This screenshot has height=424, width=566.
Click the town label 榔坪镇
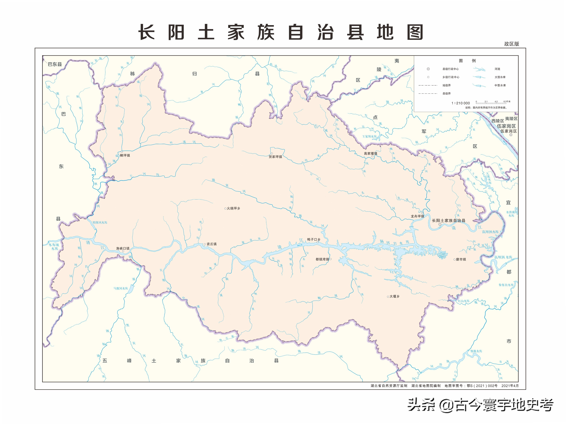[x=125, y=155]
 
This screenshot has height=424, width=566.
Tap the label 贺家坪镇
[x=275, y=157]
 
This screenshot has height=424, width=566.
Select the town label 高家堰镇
[x=370, y=153]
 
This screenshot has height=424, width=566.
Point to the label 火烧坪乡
[x=233, y=208]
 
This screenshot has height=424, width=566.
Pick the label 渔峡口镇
[x=123, y=248]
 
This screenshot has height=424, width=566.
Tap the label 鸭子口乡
[x=314, y=239]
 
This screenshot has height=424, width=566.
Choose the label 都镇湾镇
[x=322, y=259]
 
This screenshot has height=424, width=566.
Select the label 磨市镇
[x=461, y=259]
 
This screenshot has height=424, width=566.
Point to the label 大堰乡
[x=394, y=296]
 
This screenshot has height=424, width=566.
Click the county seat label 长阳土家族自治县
[x=449, y=220]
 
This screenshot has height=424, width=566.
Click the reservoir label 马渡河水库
[x=121, y=289]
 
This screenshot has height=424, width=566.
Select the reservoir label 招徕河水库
[x=100, y=222]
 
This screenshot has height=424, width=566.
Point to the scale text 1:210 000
[x=461, y=103]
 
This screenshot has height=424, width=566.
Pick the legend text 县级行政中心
[x=451, y=69]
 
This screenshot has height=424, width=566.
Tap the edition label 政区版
[x=512, y=44]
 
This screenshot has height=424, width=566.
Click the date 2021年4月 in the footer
[x=510, y=386]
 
